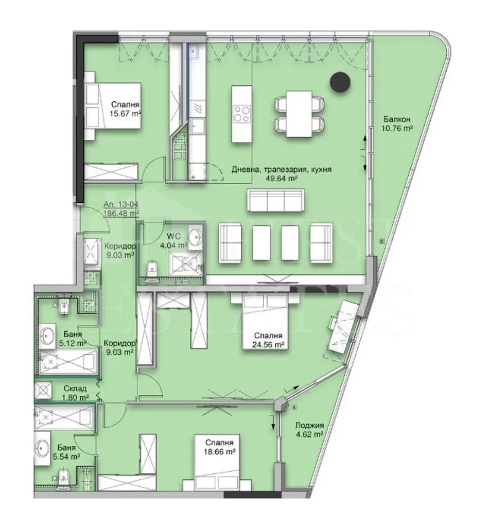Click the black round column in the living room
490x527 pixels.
pos(340,82)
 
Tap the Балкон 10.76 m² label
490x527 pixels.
pos(397,124)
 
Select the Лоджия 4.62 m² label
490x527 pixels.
pos(309,430)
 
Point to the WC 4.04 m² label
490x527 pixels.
pos(173,241)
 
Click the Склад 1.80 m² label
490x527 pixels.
pos(75,393)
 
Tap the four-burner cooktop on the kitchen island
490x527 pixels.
pos(242,114)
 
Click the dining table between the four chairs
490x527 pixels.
pos(299,114)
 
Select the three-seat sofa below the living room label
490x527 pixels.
pos(275,200)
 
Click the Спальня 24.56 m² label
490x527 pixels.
pos(268,340)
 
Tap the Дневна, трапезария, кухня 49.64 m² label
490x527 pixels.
pos(282,173)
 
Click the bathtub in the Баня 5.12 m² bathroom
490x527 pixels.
pos(68,362)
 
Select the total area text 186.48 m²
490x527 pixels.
pos(121,213)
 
